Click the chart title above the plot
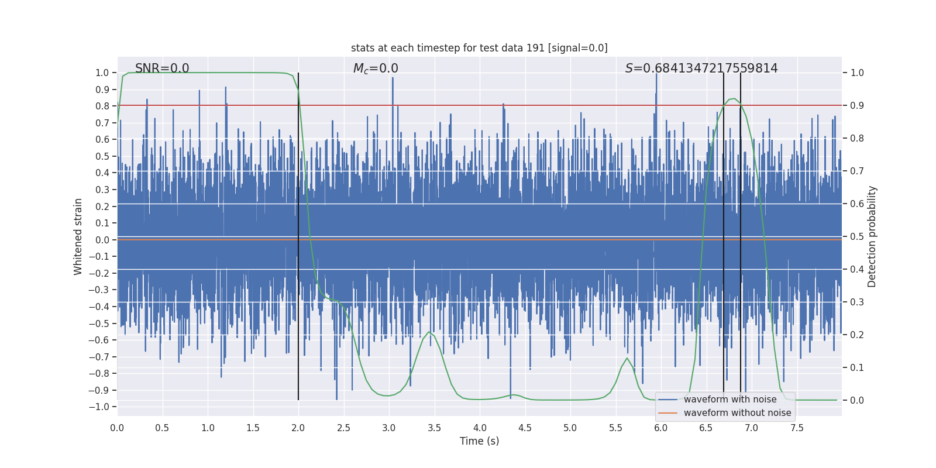point(479,48)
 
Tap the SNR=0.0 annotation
point(162,68)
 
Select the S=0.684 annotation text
point(701,68)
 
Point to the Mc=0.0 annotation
point(376,68)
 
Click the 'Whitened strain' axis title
point(78,236)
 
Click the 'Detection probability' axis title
point(872,236)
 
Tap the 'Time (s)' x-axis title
point(479,441)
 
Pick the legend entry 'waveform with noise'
point(730,400)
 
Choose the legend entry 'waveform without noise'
point(737,413)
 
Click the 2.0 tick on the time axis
point(298,428)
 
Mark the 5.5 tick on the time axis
point(615,428)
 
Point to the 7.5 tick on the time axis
point(797,428)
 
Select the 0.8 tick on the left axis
point(102,106)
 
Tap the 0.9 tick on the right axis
point(857,106)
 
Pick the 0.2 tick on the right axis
point(857,335)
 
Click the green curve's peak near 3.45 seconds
point(429,332)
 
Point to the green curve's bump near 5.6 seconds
point(627,358)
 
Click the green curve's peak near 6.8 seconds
point(734,99)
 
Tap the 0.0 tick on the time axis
point(117,428)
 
